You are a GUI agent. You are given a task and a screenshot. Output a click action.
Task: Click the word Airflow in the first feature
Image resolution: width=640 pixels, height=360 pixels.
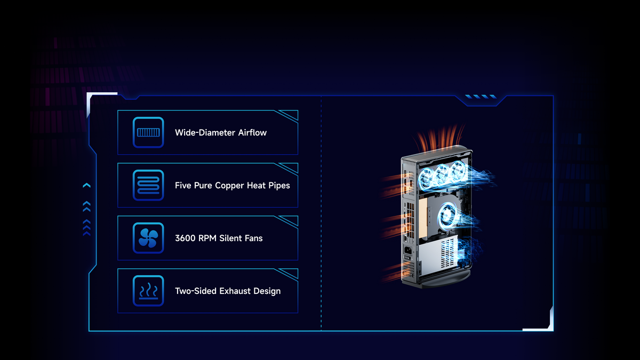pyautogui.click(x=252, y=133)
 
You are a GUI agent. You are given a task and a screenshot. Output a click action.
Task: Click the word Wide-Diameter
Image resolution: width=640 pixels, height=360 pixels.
pyautogui.click(x=205, y=133)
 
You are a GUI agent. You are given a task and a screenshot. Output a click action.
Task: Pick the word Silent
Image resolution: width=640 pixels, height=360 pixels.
pyautogui.click(x=232, y=238)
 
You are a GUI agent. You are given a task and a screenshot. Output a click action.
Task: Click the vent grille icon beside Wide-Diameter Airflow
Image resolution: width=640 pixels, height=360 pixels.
pyautogui.click(x=148, y=132)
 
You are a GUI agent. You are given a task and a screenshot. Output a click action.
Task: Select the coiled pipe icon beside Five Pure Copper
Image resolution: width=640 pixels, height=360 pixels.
pyautogui.click(x=148, y=185)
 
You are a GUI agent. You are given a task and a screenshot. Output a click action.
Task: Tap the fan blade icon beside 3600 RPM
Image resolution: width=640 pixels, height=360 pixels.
pyautogui.click(x=148, y=238)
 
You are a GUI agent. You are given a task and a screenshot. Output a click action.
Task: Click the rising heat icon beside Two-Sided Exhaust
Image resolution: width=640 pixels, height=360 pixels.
pyautogui.click(x=148, y=291)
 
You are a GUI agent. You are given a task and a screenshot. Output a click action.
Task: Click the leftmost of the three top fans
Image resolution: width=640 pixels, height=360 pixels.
pyautogui.click(x=426, y=178)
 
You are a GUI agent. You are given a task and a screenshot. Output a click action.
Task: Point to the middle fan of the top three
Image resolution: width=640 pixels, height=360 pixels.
pyautogui.click(x=442, y=174)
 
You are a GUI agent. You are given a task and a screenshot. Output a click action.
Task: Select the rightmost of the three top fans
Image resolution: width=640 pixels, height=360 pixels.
pyautogui.click(x=458, y=171)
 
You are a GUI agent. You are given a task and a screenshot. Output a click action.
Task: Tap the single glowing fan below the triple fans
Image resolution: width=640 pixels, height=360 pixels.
pyautogui.click(x=447, y=215)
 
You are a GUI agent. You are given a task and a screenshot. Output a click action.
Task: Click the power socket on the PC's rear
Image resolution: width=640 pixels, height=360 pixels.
pyautogui.click(x=407, y=251)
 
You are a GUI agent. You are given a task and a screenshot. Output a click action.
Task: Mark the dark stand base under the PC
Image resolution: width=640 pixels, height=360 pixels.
pyautogui.click(x=446, y=279)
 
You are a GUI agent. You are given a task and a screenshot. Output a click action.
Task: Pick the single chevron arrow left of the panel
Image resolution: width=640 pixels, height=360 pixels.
pyautogui.click(x=86, y=186)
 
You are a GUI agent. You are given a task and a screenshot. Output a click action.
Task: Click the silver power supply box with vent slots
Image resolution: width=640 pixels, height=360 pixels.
pyautogui.click(x=438, y=255)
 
